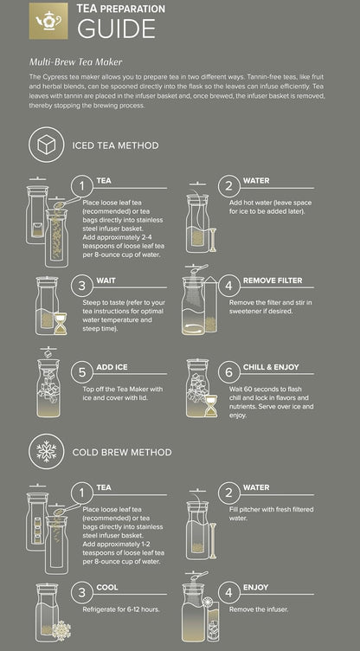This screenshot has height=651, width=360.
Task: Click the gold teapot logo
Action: [48, 21]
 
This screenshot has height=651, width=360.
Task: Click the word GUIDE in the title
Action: [116, 29]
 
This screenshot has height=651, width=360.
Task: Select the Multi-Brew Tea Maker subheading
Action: [75, 61]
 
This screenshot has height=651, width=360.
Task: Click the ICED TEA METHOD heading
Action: [115, 145]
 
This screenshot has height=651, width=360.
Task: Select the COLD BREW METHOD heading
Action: [122, 452]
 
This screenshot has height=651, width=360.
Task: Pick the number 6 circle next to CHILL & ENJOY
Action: [229, 372]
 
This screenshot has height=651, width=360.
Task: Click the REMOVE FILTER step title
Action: [273, 280]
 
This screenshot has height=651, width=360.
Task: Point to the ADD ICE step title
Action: [112, 367]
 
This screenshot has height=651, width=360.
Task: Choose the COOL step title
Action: [107, 587]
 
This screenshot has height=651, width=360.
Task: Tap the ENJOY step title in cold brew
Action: [256, 587]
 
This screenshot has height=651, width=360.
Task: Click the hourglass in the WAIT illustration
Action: [61, 324]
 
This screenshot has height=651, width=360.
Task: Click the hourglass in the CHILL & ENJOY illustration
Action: [211, 405]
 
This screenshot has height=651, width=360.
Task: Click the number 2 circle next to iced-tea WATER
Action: [229, 186]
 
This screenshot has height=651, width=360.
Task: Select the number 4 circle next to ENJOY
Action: [229, 593]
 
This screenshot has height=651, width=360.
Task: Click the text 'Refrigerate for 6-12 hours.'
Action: [121, 609]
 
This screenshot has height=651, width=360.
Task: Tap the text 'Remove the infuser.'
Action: [259, 609]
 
